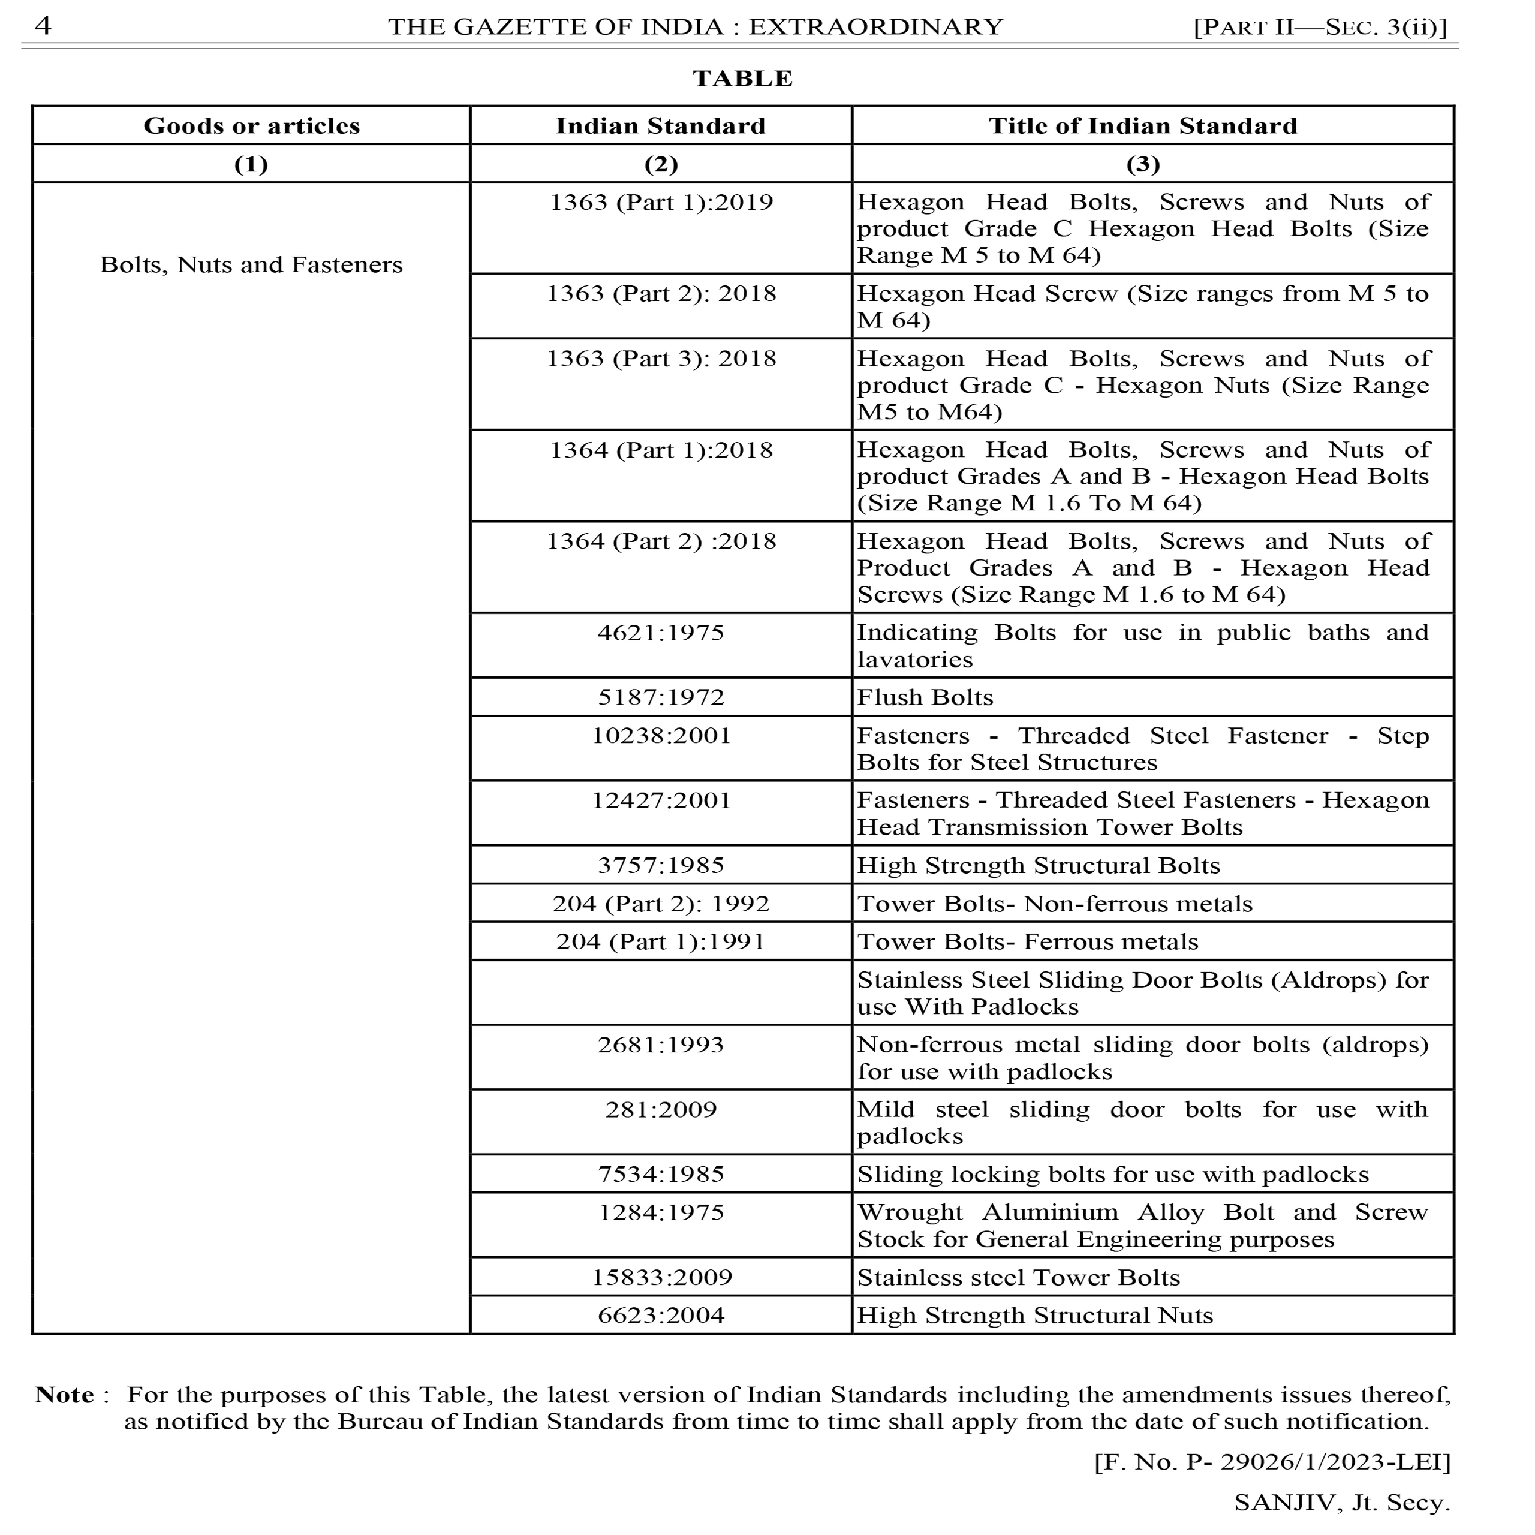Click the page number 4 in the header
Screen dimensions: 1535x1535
(x=43, y=26)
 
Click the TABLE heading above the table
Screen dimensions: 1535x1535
(x=742, y=78)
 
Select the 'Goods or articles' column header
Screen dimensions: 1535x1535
(x=251, y=125)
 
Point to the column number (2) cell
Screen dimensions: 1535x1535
(x=660, y=164)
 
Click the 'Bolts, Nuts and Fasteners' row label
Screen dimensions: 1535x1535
(x=251, y=264)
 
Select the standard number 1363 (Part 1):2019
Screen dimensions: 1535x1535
(x=661, y=202)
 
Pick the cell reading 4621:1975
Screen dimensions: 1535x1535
(x=661, y=633)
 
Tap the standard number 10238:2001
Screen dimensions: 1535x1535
(x=661, y=735)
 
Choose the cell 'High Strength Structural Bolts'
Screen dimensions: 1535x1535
(x=1038, y=865)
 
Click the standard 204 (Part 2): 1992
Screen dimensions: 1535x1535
(x=661, y=904)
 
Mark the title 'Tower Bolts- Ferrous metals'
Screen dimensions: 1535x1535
(x=1027, y=941)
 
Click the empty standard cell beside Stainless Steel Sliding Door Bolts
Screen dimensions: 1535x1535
(x=661, y=992)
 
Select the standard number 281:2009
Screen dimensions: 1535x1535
(x=661, y=1109)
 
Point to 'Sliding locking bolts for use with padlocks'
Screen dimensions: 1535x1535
(x=1112, y=1174)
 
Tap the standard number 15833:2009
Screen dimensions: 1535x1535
(x=661, y=1277)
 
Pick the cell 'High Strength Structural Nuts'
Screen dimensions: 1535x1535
(x=1034, y=1315)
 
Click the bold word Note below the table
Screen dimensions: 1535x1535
(x=64, y=1395)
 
